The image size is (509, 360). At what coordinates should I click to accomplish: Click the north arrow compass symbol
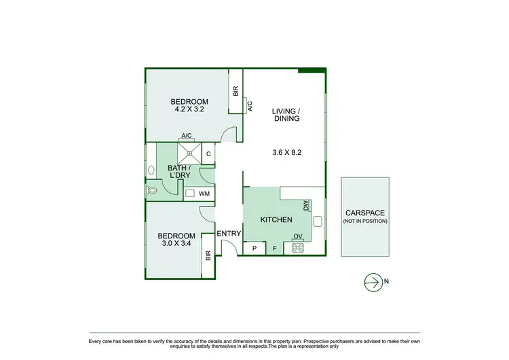[373, 282]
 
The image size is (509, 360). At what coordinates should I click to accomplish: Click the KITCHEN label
[276, 220]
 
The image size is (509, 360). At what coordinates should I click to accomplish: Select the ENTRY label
[229, 234]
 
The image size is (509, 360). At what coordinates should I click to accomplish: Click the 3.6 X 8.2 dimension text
[286, 152]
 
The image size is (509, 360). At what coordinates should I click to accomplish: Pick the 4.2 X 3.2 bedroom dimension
[189, 108]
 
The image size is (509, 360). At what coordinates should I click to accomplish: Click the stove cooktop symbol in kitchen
[298, 248]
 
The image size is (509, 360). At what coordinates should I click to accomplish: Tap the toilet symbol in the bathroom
[152, 192]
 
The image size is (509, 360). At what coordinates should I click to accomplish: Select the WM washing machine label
[204, 194]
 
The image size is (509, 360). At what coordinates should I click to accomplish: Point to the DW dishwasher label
[306, 204]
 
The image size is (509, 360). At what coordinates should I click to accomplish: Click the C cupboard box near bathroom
[208, 154]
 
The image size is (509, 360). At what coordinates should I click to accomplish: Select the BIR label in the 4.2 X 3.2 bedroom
[235, 90]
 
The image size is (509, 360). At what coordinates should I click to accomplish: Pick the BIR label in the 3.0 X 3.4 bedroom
[208, 256]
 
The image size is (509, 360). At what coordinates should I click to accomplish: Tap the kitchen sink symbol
[318, 221]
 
